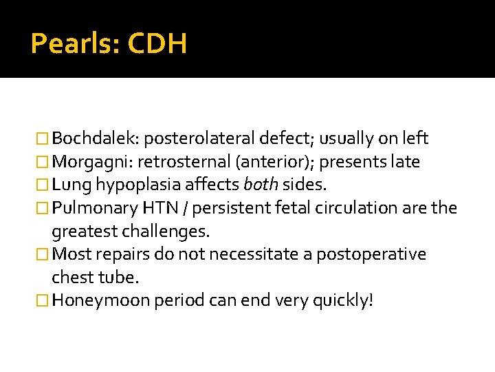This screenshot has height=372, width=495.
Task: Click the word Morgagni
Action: [93, 162]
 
